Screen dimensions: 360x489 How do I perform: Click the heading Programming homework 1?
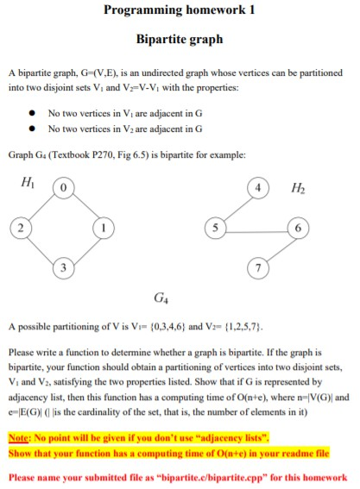(180, 10)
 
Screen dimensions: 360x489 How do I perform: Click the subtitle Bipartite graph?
(180, 39)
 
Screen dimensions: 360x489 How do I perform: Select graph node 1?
(100, 228)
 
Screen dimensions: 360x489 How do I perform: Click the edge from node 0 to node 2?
(38, 208)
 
